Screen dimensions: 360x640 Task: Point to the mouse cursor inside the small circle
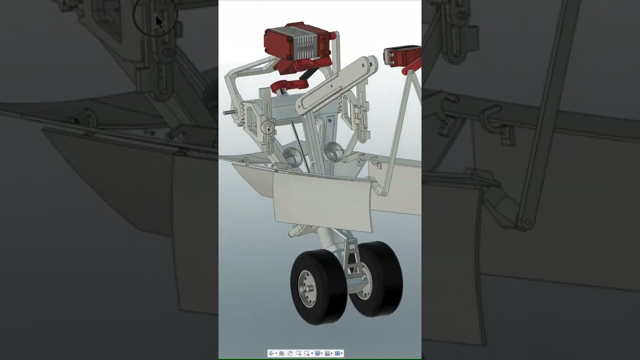pyautogui.click(x=268, y=129)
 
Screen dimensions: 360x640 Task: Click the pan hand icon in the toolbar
pyautogui.click(x=289, y=353)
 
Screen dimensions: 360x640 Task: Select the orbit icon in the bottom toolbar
pyautogui.click(x=271, y=353)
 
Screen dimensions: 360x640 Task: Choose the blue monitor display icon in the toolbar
pyautogui.click(x=317, y=353)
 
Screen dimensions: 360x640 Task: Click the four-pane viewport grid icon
pyautogui.click(x=337, y=353)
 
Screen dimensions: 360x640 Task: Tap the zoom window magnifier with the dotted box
pyautogui.click(x=306, y=353)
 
